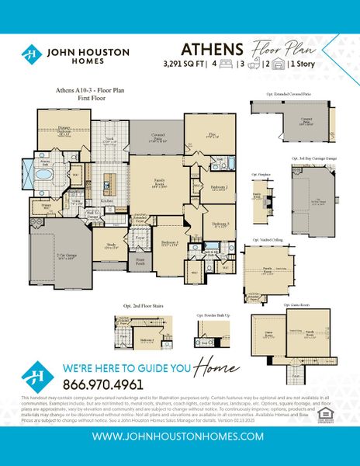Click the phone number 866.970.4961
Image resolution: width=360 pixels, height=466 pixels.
coord(104,384)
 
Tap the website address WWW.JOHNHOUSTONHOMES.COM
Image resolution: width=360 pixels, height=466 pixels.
coord(180,437)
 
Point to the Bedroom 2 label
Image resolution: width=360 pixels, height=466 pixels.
coord(219,188)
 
